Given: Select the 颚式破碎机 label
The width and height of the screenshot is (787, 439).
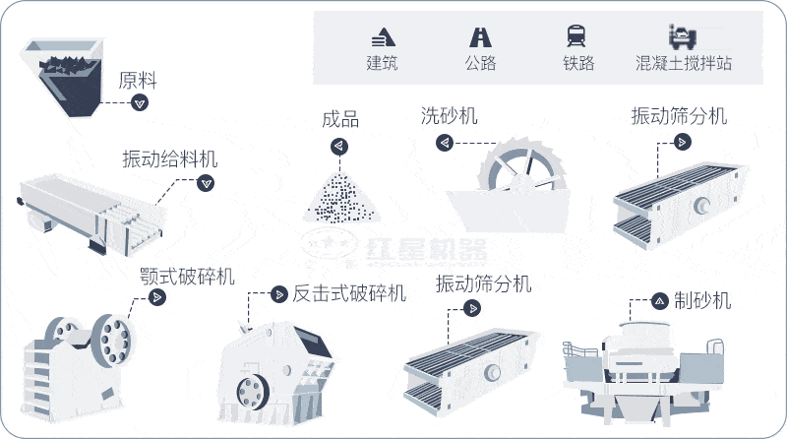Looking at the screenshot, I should click(x=187, y=277).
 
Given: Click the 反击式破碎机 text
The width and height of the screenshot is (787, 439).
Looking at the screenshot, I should click(x=349, y=293).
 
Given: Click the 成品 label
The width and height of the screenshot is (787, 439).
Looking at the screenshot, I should click(x=340, y=121).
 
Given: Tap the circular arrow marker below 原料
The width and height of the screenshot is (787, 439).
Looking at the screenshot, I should click(x=140, y=103).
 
